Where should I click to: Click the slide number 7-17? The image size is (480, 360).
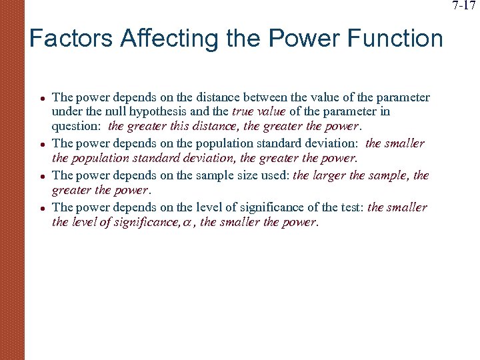pos(464,7)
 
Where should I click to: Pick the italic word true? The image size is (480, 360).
pos(244,112)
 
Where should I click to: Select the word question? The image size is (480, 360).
pos(75,125)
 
